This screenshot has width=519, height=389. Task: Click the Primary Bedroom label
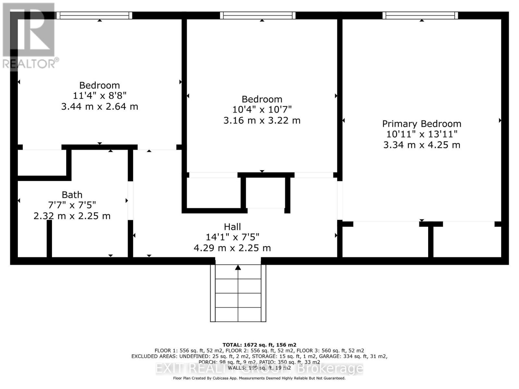point(421,124)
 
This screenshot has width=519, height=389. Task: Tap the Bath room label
point(72,195)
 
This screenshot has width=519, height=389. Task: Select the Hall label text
point(232,227)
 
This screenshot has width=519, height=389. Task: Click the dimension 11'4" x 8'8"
point(100,96)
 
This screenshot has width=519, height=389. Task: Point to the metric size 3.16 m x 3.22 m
point(262,120)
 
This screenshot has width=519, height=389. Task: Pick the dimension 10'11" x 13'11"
point(421,134)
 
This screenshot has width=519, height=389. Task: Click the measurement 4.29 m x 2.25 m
point(232,248)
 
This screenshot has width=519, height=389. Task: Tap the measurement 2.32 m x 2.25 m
point(72,216)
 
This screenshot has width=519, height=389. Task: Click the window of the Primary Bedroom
point(420,15)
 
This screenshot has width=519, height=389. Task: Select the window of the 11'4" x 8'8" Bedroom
point(94,15)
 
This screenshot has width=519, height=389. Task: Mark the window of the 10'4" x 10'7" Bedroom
point(258,15)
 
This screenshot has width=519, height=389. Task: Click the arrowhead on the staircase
point(238,267)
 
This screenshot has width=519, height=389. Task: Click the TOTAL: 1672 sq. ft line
point(259,345)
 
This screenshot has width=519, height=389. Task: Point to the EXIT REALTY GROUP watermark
point(259,369)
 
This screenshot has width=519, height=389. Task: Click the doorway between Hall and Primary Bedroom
point(340,200)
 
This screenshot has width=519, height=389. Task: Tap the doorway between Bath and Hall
point(130,200)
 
